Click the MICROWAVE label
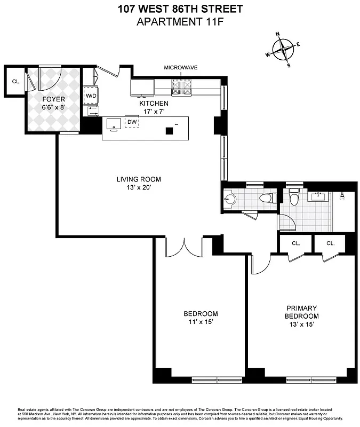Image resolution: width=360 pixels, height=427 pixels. [x=181, y=68]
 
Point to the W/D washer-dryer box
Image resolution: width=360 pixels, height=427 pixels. [x=91, y=96]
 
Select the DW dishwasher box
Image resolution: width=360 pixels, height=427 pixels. [x=132, y=122]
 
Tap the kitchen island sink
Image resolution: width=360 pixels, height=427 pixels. [x=114, y=124]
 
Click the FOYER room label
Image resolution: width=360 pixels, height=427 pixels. [x=53, y=99]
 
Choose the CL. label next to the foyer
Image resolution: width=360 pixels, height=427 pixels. [x=16, y=82]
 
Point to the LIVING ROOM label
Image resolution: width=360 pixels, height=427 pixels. [x=139, y=179]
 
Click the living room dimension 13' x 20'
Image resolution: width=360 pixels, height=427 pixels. [x=139, y=188]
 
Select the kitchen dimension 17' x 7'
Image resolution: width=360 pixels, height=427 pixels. [x=154, y=112]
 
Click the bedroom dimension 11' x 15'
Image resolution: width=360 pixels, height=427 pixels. [x=201, y=322]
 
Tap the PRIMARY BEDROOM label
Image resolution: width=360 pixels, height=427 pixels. [x=302, y=312]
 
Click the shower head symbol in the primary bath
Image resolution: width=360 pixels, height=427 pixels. [x=341, y=196]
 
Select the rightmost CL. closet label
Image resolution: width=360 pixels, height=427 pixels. [x=330, y=243]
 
